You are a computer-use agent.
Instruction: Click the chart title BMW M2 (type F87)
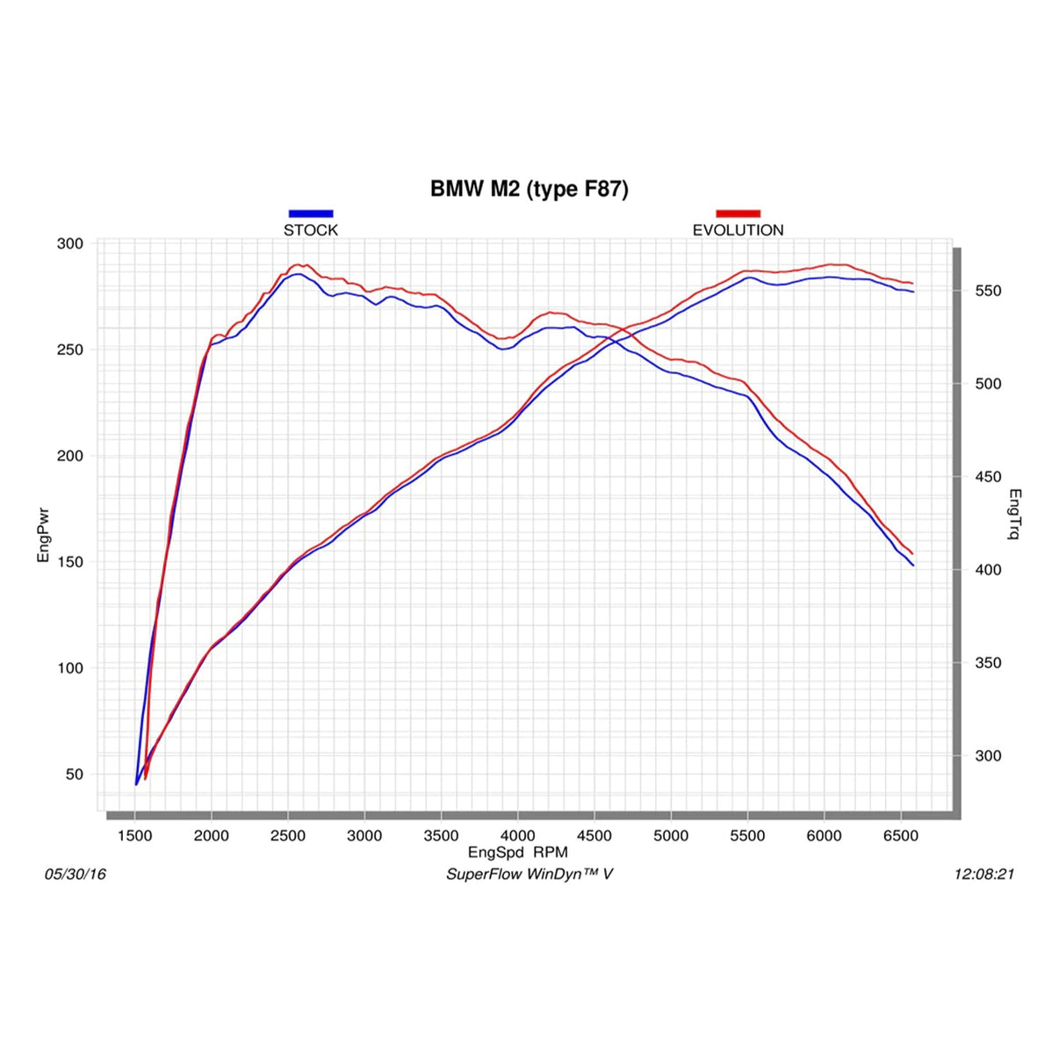(x=529, y=189)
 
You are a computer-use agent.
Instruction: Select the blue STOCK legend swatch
(x=311, y=213)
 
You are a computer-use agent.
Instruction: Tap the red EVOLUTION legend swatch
(x=738, y=213)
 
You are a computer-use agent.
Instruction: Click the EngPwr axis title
(x=43, y=535)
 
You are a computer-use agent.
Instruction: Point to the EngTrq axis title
(x=1014, y=515)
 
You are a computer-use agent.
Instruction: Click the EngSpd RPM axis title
(x=518, y=852)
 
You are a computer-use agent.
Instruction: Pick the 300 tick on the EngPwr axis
(x=70, y=244)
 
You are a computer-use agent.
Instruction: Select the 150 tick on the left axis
(x=70, y=562)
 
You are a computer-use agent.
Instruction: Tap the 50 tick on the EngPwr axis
(x=74, y=774)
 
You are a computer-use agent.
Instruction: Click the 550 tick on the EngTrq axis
(x=988, y=291)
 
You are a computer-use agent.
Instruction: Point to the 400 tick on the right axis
(x=988, y=570)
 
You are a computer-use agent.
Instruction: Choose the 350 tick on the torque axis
(x=988, y=663)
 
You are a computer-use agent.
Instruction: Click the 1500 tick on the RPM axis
(x=134, y=836)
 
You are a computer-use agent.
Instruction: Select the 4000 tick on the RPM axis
(x=517, y=836)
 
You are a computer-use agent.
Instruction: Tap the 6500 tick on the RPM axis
(x=900, y=836)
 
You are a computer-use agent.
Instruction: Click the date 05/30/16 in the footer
(x=76, y=874)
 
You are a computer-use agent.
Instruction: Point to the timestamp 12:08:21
(x=983, y=874)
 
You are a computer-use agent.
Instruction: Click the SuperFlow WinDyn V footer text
(x=529, y=874)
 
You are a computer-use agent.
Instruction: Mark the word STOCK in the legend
(x=311, y=230)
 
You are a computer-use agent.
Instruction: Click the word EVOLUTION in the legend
(x=738, y=230)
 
